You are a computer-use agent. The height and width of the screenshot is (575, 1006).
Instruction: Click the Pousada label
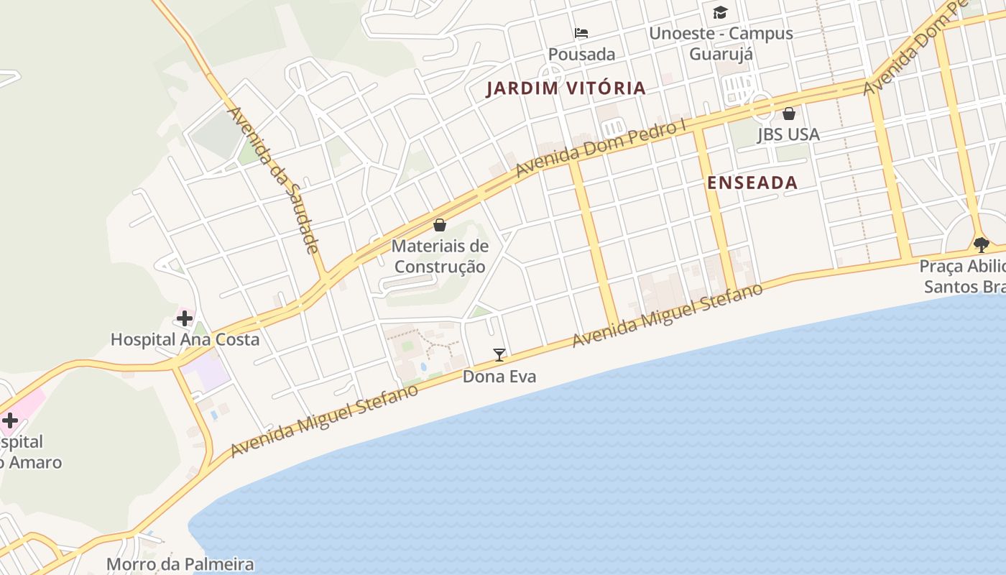(581, 55)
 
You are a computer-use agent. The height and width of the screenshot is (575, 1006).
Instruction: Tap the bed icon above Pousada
(581, 33)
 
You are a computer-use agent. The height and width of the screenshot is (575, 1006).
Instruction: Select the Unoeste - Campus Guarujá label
(721, 43)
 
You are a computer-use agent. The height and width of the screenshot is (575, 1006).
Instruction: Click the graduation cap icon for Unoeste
(720, 12)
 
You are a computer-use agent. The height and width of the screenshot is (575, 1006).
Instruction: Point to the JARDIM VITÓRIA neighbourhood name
(566, 88)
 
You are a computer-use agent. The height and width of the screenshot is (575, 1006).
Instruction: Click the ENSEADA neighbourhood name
(752, 183)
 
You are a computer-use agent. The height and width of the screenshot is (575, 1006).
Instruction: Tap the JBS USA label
(788, 134)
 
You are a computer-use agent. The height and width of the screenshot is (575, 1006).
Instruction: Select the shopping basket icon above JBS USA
(789, 114)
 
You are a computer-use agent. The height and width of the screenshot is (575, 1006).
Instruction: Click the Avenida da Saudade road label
(274, 180)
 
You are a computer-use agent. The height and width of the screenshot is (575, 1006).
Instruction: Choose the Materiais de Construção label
(440, 257)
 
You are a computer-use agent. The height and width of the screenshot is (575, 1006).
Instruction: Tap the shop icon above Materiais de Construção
(440, 225)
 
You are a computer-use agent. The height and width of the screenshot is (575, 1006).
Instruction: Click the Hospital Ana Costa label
(185, 339)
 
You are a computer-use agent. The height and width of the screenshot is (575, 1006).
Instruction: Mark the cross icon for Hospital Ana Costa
(185, 318)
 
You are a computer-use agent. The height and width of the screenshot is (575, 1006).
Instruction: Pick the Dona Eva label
(499, 376)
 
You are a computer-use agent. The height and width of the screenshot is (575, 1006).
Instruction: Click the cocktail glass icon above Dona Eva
(499, 354)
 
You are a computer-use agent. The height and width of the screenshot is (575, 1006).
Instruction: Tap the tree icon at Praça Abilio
(981, 244)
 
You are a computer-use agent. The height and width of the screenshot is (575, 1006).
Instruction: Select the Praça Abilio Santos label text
(963, 277)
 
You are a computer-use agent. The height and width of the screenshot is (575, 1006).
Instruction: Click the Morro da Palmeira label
(180, 564)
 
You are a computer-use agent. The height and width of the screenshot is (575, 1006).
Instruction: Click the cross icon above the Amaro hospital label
(10, 420)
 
